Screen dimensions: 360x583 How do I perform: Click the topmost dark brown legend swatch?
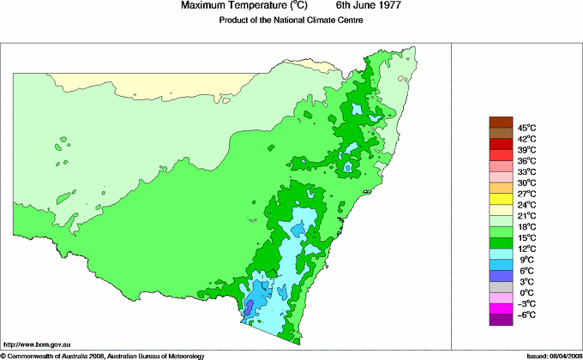pyautogui.click(x=501, y=122)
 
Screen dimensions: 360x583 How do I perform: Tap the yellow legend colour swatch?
pyautogui.click(x=501, y=199)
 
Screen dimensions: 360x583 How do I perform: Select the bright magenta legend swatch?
pyautogui.click(x=501, y=309)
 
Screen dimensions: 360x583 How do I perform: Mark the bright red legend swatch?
pyautogui.click(x=501, y=155)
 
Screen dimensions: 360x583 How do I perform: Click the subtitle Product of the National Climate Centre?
pyautogui.click(x=291, y=21)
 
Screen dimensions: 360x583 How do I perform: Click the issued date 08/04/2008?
pyautogui.click(x=561, y=355)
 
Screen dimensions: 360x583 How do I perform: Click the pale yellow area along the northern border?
pyautogui.click(x=171, y=87)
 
